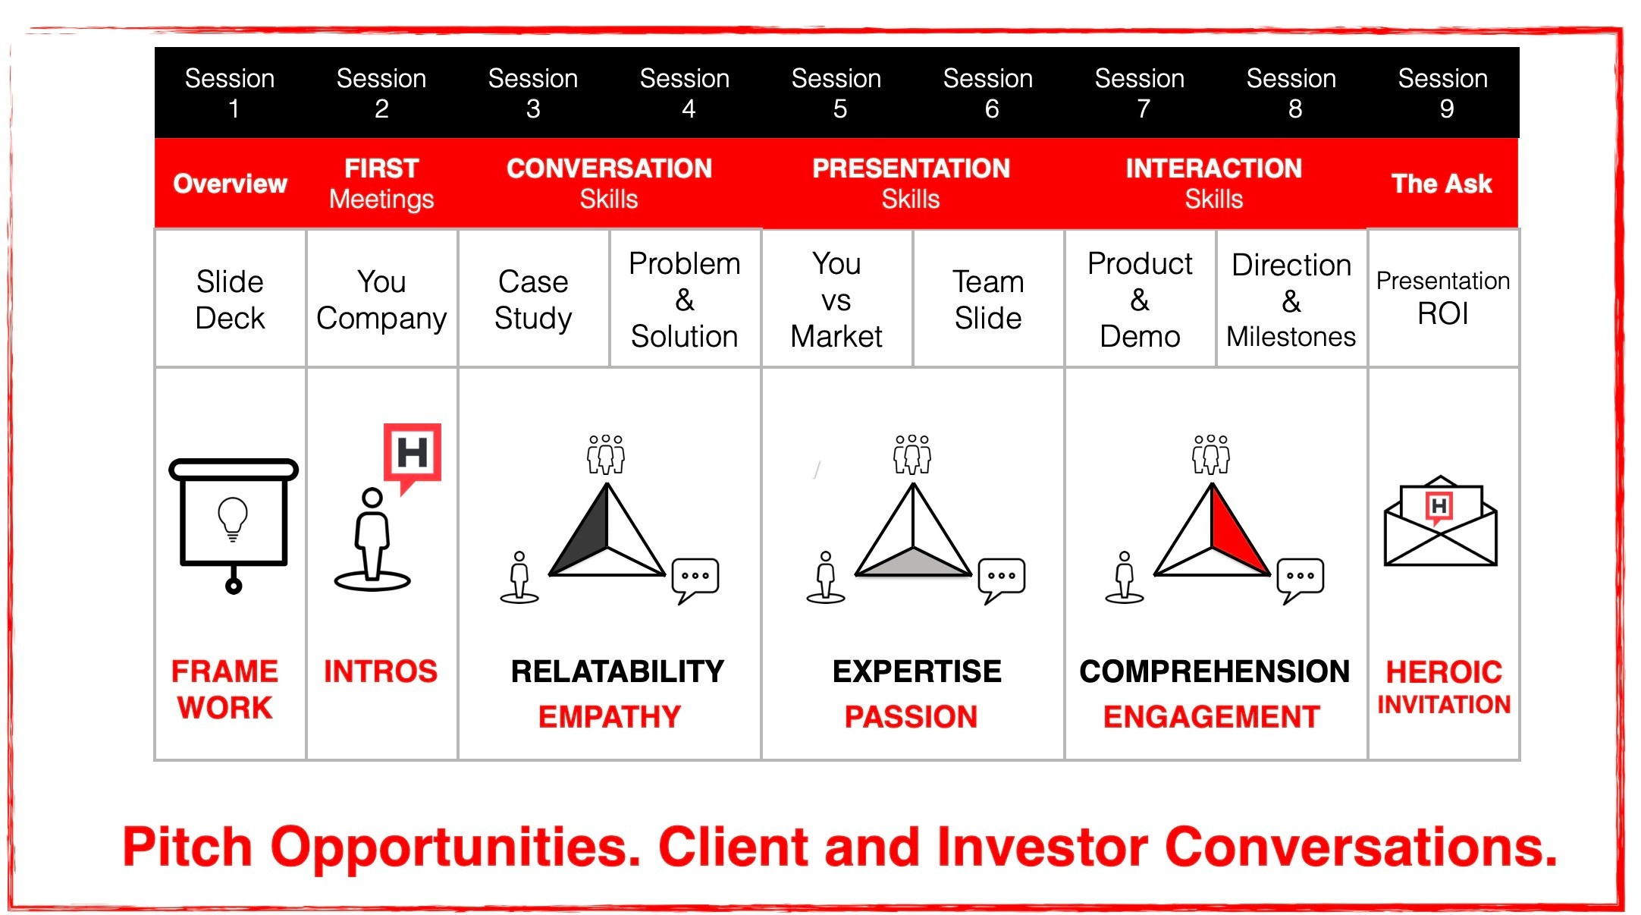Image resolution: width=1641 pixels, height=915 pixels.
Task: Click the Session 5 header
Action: (836, 93)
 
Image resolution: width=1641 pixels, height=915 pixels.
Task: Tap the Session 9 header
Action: (1443, 93)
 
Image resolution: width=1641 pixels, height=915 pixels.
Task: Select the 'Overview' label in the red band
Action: (230, 184)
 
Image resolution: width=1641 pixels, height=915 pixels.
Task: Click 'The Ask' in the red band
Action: (1442, 184)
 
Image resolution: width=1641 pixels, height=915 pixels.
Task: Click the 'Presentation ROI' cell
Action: (1443, 297)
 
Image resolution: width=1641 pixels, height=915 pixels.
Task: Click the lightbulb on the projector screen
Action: (233, 519)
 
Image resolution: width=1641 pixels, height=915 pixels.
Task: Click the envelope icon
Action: (1440, 521)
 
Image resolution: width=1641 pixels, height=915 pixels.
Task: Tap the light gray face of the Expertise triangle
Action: (914, 561)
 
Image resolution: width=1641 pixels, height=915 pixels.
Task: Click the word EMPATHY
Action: (610, 717)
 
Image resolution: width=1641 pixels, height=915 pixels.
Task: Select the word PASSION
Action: (911, 717)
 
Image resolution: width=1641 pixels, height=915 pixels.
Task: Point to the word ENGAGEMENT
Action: (1212, 717)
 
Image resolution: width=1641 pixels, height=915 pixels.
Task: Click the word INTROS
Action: (381, 671)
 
